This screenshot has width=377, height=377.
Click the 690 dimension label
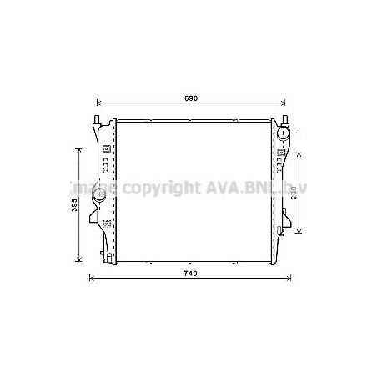click(x=190, y=99)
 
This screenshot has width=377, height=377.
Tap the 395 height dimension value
click(x=74, y=204)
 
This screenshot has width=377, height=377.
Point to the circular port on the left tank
click(x=99, y=196)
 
